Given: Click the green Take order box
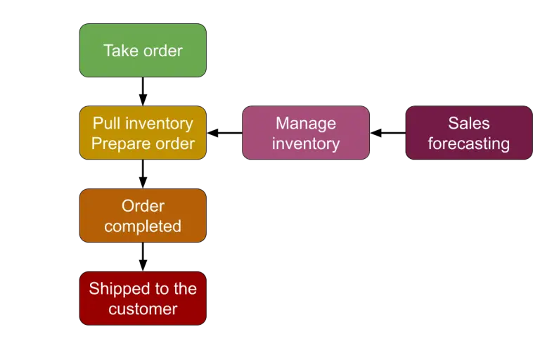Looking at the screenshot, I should pyautogui.click(x=143, y=51).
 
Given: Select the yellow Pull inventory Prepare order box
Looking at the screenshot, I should pyautogui.click(x=143, y=133).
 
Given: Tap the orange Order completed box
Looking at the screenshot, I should pyautogui.click(x=143, y=216).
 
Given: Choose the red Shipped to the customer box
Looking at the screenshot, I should pyautogui.click(x=143, y=298).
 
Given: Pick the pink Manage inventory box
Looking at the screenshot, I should pyautogui.click(x=306, y=133).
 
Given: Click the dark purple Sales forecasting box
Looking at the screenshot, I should pyautogui.click(x=469, y=133).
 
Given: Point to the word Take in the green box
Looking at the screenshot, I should pyautogui.click(x=119, y=51).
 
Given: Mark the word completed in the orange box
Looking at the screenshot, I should pyautogui.click(x=143, y=226).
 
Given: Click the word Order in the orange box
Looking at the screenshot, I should pyautogui.click(x=143, y=206).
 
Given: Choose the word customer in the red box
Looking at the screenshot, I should pyautogui.click(x=143, y=309).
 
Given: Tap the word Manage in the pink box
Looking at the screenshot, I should pyautogui.click(x=306, y=123).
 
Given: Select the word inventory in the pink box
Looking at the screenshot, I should pyautogui.click(x=306, y=143).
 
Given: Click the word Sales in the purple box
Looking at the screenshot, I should pyautogui.click(x=469, y=123).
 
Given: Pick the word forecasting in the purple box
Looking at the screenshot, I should pyautogui.click(x=469, y=143).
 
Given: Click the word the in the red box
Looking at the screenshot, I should pyautogui.click(x=185, y=288).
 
